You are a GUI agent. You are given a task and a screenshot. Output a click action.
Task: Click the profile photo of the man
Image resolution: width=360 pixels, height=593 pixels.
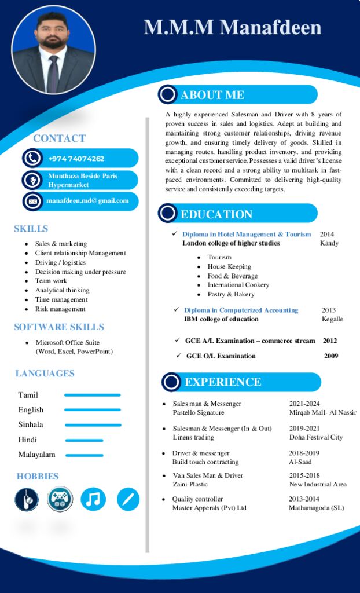[53, 51]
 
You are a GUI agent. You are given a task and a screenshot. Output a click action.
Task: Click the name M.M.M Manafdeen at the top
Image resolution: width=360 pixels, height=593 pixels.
[232, 27]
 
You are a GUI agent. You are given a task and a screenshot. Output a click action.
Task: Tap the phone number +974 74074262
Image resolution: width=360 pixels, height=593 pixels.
[76, 159]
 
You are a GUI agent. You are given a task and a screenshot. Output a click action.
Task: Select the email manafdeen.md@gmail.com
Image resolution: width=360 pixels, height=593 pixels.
[87, 200]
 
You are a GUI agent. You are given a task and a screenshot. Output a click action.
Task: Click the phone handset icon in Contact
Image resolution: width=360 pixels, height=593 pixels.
[32, 158]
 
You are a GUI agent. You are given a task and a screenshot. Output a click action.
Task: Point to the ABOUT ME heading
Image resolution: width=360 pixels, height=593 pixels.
[212, 95]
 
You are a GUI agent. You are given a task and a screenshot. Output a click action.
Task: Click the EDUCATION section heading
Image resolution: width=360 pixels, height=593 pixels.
[216, 214]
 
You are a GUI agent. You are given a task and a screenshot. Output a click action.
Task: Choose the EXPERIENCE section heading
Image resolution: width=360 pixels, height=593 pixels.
[222, 382]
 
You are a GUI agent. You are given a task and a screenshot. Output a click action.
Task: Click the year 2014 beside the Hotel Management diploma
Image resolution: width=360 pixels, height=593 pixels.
[327, 234]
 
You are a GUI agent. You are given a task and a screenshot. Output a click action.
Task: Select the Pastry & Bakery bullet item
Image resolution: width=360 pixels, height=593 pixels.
[230, 294]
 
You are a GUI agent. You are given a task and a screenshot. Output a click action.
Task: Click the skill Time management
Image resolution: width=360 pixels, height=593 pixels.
[62, 299]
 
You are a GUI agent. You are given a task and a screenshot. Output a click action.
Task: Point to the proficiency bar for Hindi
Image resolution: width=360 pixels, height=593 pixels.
[84, 440]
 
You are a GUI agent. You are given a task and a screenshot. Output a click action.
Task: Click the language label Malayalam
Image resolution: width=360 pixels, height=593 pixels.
[36, 455]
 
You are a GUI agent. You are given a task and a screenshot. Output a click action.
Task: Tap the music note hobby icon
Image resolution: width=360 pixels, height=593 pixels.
[93, 499]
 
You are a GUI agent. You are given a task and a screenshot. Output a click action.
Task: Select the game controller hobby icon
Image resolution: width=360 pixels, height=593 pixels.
[60, 499]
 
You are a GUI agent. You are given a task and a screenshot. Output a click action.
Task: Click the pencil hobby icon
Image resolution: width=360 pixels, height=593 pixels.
[128, 499]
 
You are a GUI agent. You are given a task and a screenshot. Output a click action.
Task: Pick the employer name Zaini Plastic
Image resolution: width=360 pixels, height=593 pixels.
[189, 484]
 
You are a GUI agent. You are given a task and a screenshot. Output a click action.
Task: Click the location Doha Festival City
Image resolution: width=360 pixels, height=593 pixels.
[316, 437]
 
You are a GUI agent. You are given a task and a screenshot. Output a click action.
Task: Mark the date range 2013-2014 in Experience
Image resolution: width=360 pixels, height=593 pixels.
[304, 499]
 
